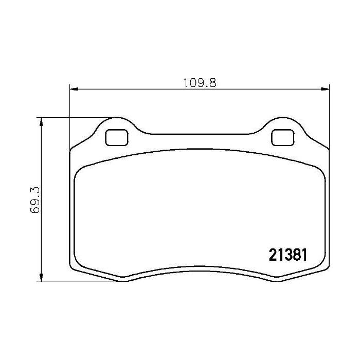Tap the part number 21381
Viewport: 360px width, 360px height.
tap(288, 255)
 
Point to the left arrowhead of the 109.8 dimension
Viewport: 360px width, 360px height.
tap(73, 89)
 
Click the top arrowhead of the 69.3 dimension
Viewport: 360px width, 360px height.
tap(41, 121)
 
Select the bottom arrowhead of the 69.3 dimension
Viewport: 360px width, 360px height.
tap(41, 278)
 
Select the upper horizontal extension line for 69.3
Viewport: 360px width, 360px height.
tap(77, 117)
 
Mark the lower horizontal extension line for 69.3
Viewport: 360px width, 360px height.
tap(77, 281)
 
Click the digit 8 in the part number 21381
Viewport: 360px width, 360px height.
tap(295, 255)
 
